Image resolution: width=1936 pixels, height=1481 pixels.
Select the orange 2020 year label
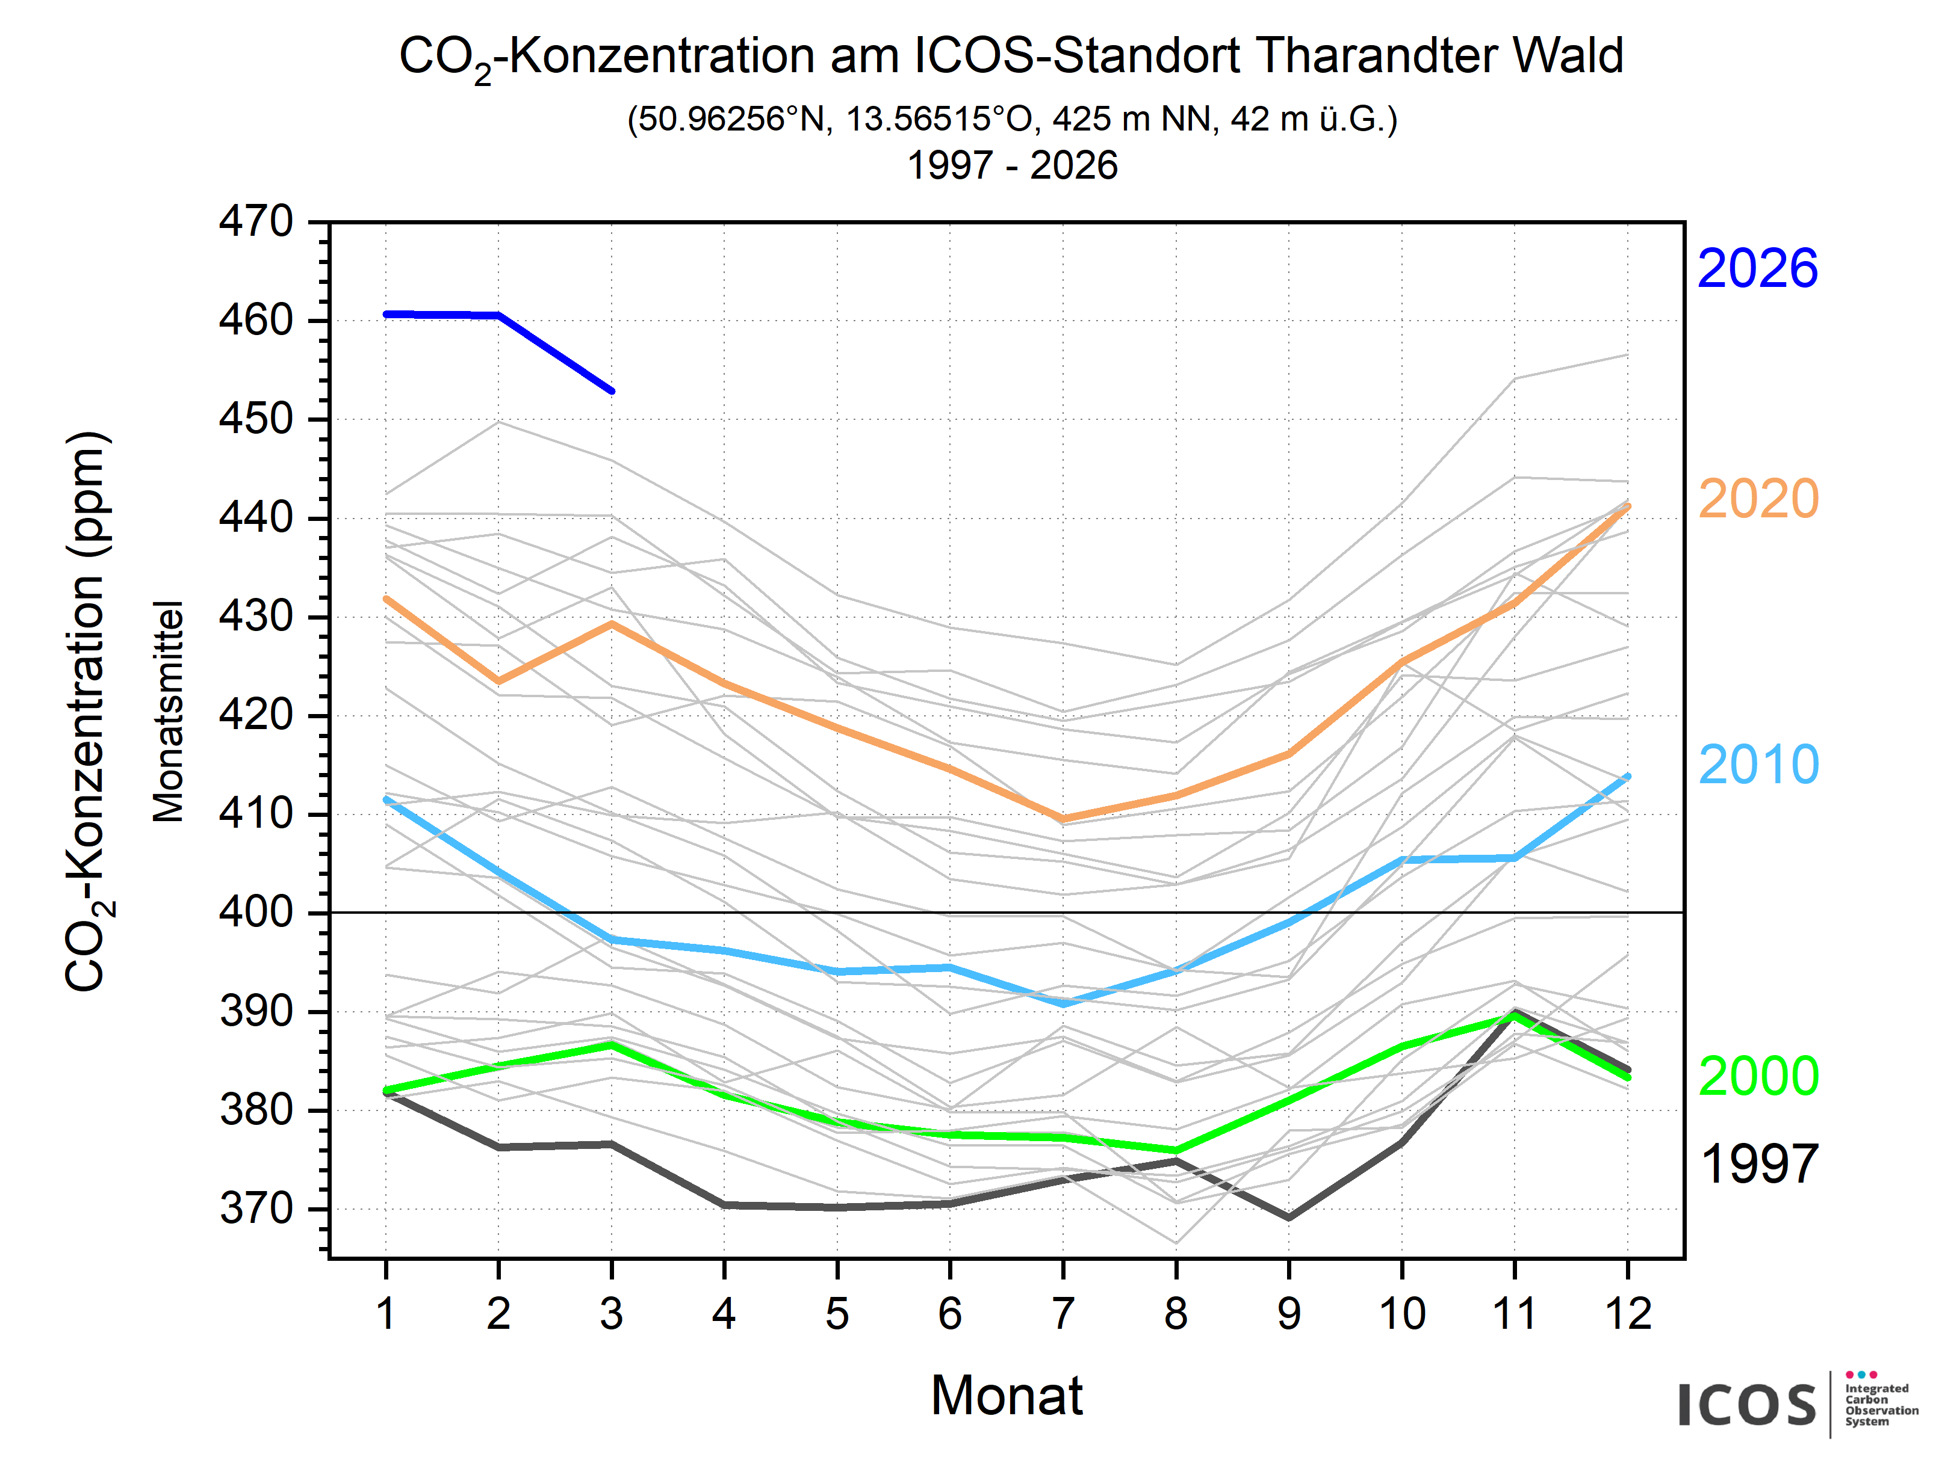1758,499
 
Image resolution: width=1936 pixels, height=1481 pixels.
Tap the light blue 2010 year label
1758,765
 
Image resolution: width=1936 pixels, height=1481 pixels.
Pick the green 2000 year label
1758,1076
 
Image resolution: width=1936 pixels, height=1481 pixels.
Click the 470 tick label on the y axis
256,221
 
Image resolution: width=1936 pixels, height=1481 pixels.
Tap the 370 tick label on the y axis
256,1209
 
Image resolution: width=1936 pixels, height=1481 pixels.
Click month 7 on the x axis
1063,1314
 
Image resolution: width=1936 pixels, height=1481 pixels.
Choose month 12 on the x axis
1627,1314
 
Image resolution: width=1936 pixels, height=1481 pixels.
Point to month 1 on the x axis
385,1314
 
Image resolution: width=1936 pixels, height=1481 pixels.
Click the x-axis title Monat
1007,1396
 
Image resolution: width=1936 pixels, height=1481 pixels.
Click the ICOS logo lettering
1746,1405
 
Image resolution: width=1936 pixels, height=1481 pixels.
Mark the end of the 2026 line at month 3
611,390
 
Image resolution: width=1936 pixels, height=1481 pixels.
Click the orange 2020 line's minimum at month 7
1063,819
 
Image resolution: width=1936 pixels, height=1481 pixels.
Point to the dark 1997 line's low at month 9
1289,1218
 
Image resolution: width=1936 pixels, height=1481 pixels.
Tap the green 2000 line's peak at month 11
1515,1015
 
